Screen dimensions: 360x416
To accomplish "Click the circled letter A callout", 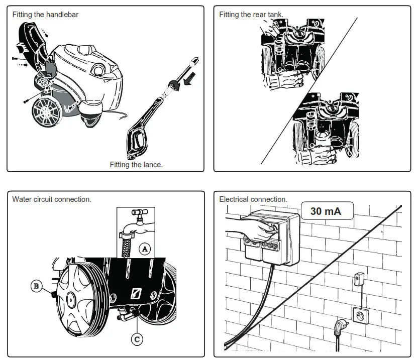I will [x=145, y=249].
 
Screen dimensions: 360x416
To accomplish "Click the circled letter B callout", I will [x=36, y=287].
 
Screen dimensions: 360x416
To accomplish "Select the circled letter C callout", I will [x=137, y=339].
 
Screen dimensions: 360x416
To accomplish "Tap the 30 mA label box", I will [x=326, y=211].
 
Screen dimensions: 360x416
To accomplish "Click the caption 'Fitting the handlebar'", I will [x=45, y=15].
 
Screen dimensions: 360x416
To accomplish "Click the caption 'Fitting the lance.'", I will [x=136, y=165].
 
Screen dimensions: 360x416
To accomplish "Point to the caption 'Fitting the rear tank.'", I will [x=251, y=15].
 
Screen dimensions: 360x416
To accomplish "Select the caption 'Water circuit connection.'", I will [x=52, y=199].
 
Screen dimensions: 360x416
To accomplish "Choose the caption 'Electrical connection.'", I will [x=253, y=199].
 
